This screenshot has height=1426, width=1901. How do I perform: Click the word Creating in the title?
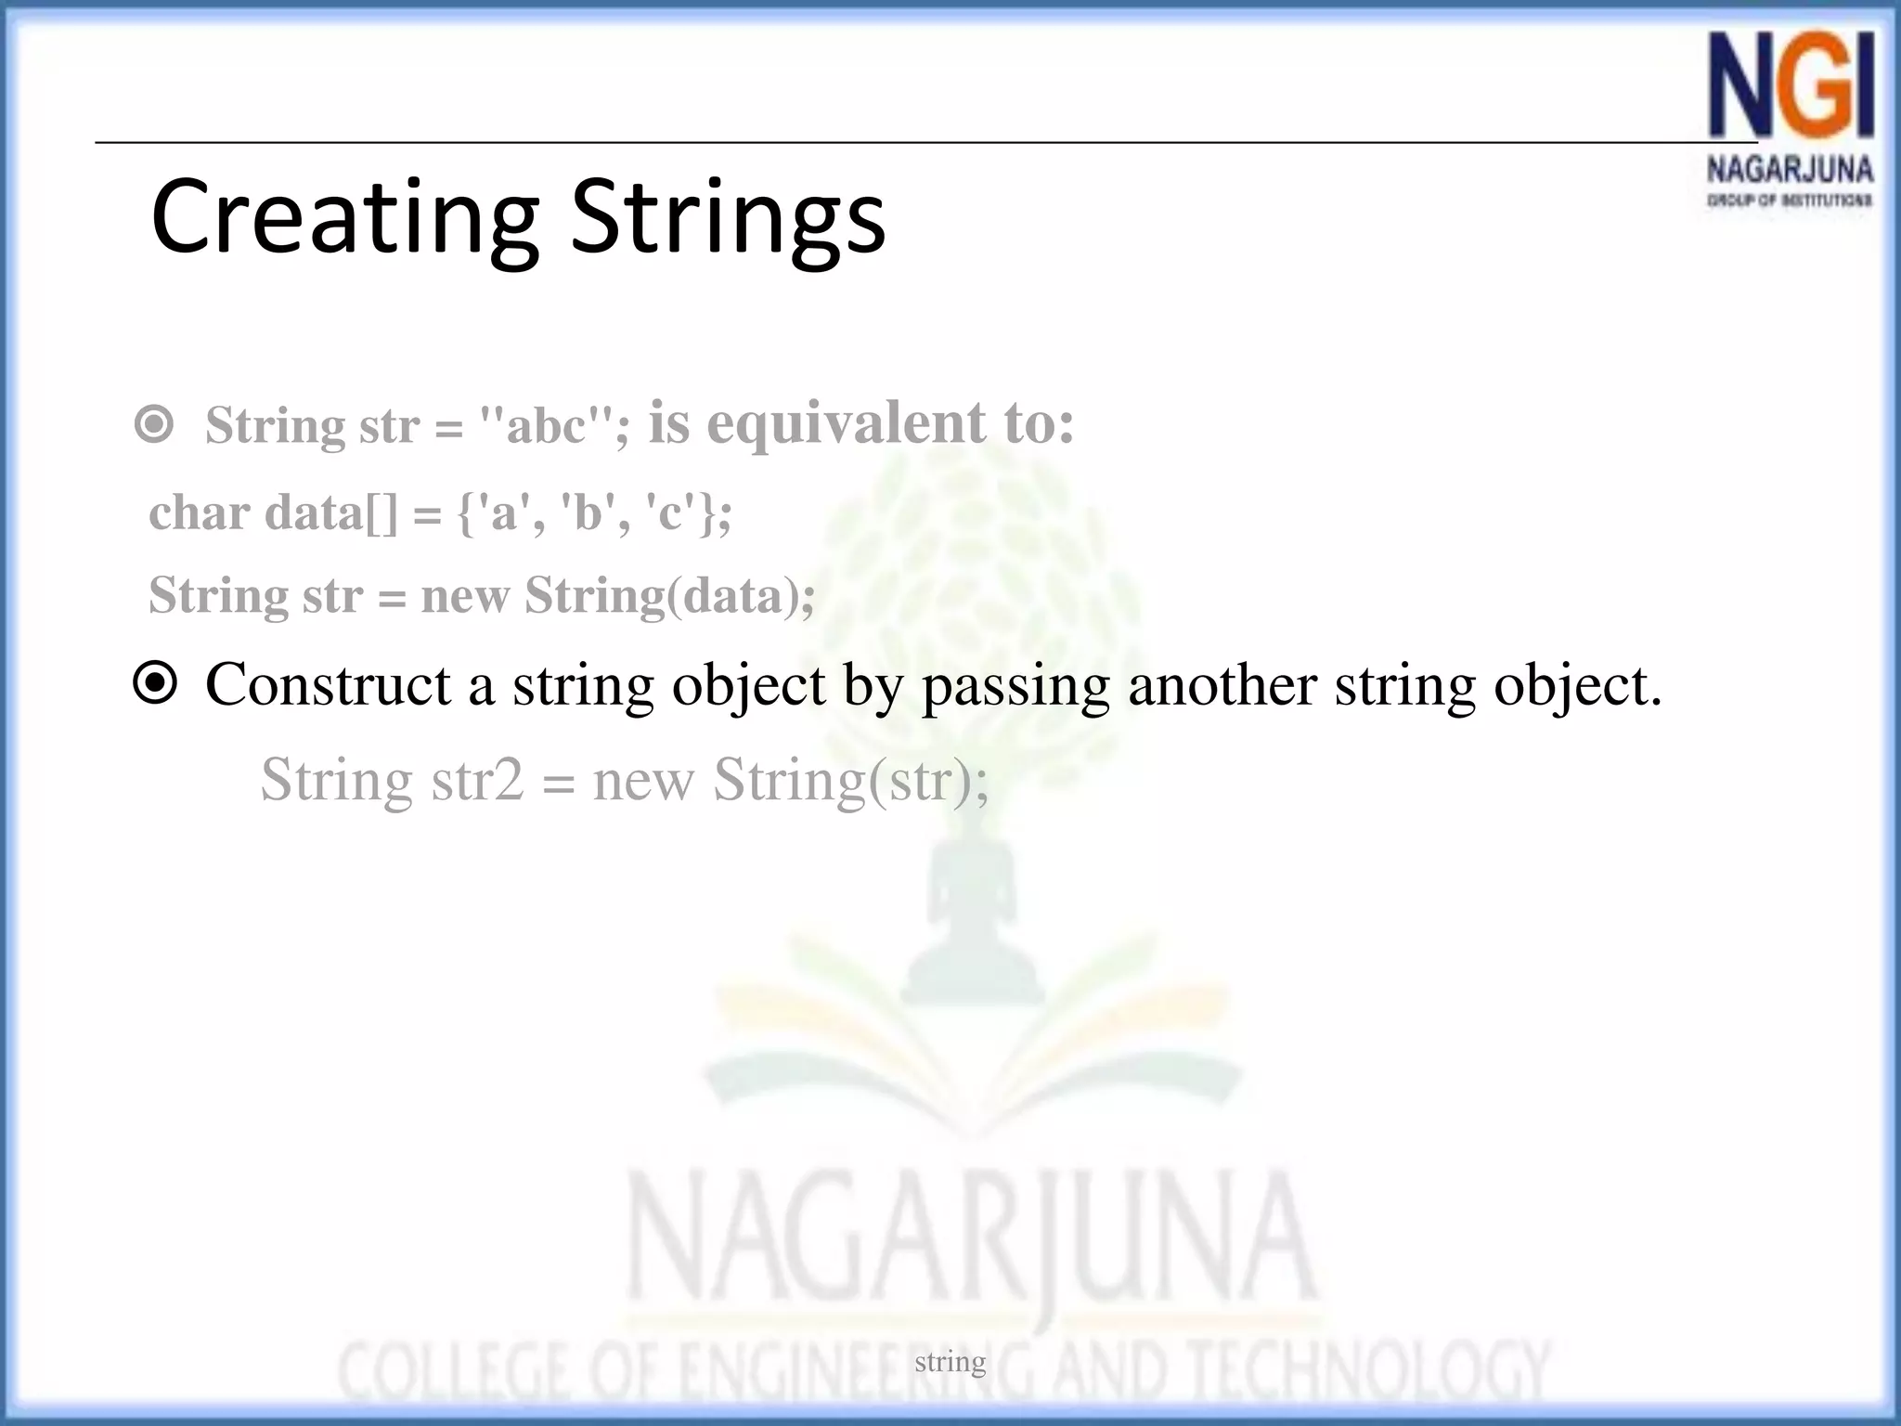pyautogui.click(x=343, y=218)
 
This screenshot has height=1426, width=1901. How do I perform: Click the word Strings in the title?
pyautogui.click(x=728, y=218)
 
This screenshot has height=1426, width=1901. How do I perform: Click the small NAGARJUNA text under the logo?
pyautogui.click(x=1790, y=170)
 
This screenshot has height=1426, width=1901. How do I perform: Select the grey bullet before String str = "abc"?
pyautogui.click(x=154, y=425)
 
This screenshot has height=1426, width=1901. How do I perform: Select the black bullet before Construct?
pyautogui.click(x=154, y=684)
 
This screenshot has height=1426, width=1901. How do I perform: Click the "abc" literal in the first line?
pyautogui.click(x=547, y=426)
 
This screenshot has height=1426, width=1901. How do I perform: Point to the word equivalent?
pyautogui.click(x=846, y=423)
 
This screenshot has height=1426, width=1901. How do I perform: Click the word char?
pyautogui.click(x=199, y=512)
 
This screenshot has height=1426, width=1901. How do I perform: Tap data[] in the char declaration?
pyautogui.click(x=330, y=512)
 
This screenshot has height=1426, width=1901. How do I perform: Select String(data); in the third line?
pyautogui.click(x=669, y=595)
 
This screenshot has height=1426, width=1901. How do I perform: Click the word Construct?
pyautogui.click(x=328, y=685)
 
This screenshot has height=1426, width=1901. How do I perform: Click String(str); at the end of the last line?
pyautogui.click(x=850, y=780)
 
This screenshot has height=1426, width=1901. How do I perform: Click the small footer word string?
pyautogui.click(x=950, y=1362)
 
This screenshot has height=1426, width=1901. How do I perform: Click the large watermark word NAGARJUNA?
pyautogui.click(x=970, y=1239)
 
